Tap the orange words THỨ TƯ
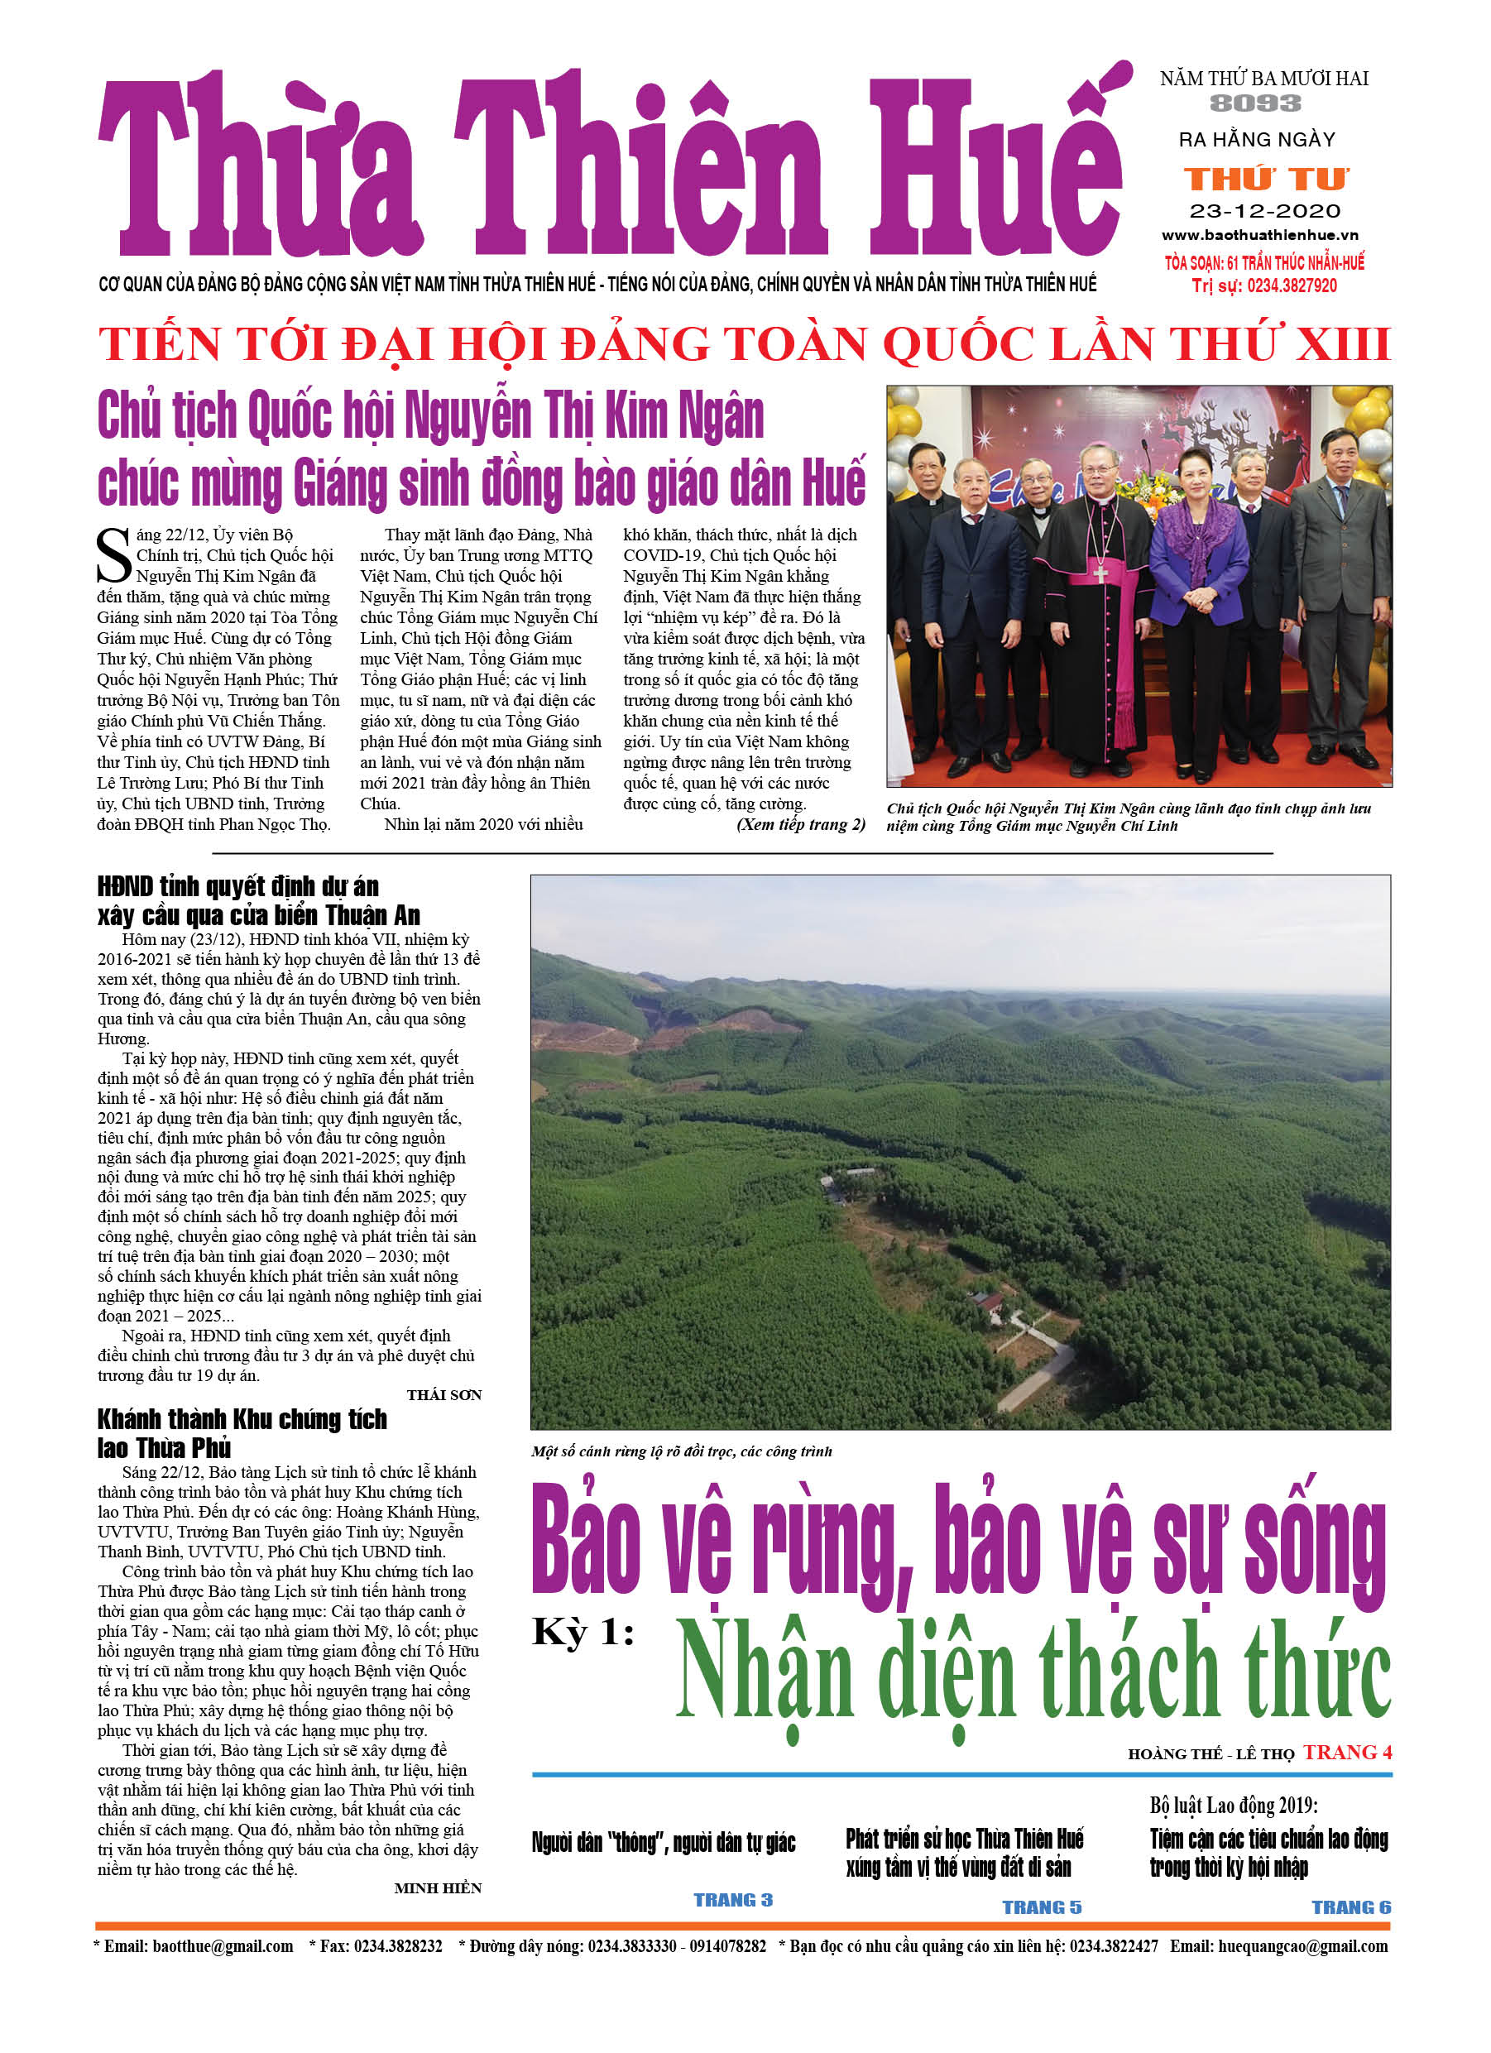point(1266,180)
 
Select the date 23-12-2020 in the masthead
point(1264,212)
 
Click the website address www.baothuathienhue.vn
point(1260,235)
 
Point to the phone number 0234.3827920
point(1291,286)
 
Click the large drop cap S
point(114,556)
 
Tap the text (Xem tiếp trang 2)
point(800,825)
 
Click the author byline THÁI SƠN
point(443,1395)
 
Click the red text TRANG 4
point(1346,1753)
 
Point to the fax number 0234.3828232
point(397,1947)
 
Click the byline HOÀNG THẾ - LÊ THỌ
point(1211,1754)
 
